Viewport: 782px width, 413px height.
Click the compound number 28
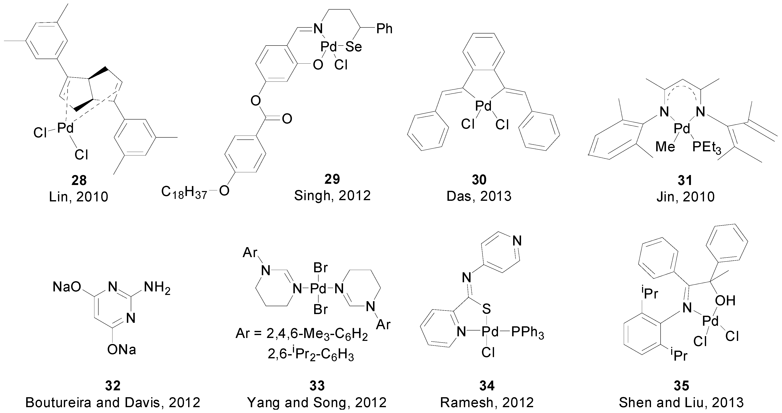coord(79,181)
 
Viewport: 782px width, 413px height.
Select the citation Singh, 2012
coord(332,196)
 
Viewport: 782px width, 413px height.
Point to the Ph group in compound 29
coord(384,29)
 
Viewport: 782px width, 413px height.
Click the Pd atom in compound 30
coord(483,106)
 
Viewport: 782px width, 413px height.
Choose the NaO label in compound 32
coord(67,287)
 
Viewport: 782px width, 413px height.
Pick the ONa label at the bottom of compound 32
coord(122,350)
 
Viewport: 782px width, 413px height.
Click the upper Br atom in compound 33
coord(321,268)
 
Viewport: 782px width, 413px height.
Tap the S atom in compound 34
coord(486,309)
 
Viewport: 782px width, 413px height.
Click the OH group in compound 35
coord(725,301)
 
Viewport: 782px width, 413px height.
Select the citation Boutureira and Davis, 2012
coord(113,403)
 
